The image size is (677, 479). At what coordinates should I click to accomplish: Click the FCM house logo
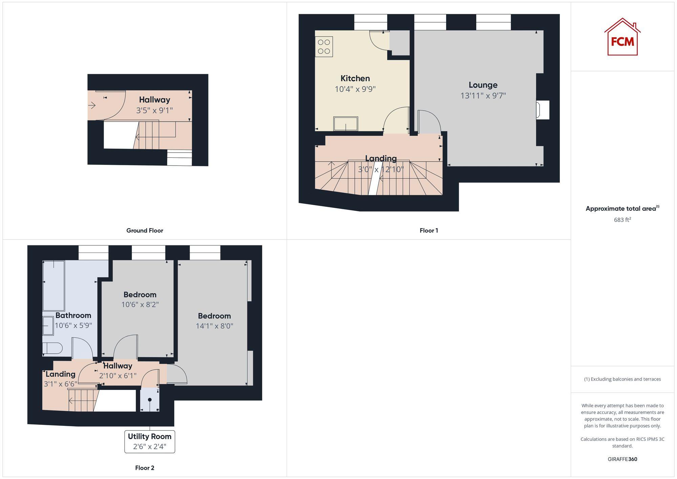[x=622, y=37]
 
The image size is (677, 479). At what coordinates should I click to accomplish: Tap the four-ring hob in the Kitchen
[x=324, y=47]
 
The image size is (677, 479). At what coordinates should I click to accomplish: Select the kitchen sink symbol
[x=346, y=124]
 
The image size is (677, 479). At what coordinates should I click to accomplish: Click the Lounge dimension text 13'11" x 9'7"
[x=483, y=96]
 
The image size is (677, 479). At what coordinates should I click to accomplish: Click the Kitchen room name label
[x=355, y=79]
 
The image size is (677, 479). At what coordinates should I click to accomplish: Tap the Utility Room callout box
[x=150, y=441]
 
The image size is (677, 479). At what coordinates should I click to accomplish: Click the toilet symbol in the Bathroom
[x=52, y=348]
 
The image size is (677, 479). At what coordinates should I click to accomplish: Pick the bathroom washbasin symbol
[x=48, y=326]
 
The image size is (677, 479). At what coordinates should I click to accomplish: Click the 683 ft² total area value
[x=622, y=220]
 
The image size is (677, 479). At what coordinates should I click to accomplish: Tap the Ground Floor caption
[x=145, y=231]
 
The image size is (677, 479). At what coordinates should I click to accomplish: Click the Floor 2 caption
[x=145, y=468]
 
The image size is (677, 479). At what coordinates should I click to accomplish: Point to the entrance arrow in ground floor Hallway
[x=92, y=106]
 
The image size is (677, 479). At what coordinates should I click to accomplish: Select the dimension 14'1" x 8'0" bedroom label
[x=214, y=326]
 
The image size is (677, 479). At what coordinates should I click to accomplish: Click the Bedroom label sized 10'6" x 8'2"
[x=140, y=295]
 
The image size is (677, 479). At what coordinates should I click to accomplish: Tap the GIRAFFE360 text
[x=622, y=459]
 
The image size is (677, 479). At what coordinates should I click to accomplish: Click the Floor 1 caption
[x=429, y=231]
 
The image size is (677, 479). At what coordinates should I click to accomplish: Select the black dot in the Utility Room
[x=150, y=400]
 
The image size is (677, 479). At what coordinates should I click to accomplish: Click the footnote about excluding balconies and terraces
[x=622, y=379]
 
